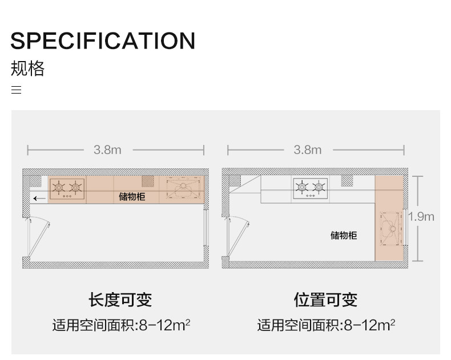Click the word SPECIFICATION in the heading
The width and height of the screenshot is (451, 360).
[x=103, y=41]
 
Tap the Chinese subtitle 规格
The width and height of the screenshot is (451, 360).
[x=27, y=68]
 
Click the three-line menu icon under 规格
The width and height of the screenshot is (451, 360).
[x=17, y=90]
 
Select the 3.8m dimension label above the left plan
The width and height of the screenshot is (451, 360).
[x=107, y=150]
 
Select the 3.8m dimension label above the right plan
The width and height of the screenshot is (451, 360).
[x=307, y=150]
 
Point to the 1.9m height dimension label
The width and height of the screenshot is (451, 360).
[x=421, y=216]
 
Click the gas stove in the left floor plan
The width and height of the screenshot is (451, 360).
[x=67, y=188]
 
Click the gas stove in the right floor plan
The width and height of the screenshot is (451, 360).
[x=311, y=188]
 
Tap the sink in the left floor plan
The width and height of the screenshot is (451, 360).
[x=183, y=188]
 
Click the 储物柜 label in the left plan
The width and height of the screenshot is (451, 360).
[x=132, y=197]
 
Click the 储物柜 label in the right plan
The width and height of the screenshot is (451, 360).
[x=344, y=235]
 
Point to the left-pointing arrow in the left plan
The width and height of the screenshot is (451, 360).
[x=39, y=199]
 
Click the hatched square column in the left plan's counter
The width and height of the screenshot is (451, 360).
[x=148, y=181]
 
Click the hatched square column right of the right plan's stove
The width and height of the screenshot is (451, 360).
[x=347, y=181]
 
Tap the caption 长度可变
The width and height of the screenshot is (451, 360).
[x=120, y=300]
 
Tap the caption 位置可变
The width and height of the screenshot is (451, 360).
[x=325, y=300]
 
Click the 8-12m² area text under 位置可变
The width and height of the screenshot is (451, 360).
[x=369, y=325]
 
